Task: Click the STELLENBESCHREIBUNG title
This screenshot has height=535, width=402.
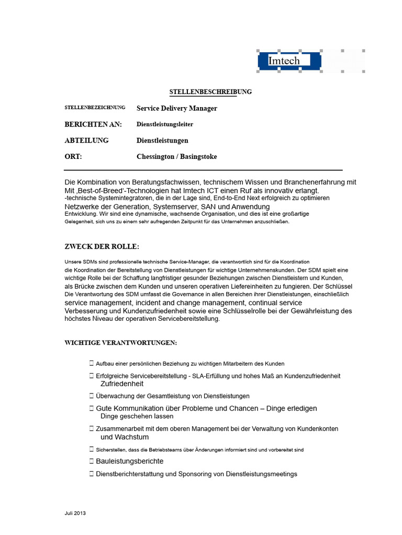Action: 210,92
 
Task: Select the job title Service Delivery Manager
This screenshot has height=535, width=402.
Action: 177,109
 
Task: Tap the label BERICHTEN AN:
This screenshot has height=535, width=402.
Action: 93,124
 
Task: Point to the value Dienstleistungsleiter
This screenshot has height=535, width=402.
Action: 165,124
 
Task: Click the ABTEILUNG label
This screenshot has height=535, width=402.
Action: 86,141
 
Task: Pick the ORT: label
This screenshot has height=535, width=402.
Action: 73,157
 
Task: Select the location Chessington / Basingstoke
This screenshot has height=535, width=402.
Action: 177,157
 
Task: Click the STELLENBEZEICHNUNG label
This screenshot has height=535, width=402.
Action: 95,108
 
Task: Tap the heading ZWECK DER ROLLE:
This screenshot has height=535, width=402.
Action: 102,247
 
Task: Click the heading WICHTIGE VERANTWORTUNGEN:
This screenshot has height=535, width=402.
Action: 120,343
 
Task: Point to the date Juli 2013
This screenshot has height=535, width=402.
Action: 72,514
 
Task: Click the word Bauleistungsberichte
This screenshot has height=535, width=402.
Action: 130,461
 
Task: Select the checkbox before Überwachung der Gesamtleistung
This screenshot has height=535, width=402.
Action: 92,396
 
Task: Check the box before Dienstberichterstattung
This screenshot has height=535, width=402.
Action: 92,474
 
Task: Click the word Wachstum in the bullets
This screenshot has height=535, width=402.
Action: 132,437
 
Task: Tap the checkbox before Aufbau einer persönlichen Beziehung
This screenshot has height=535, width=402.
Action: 92,363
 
